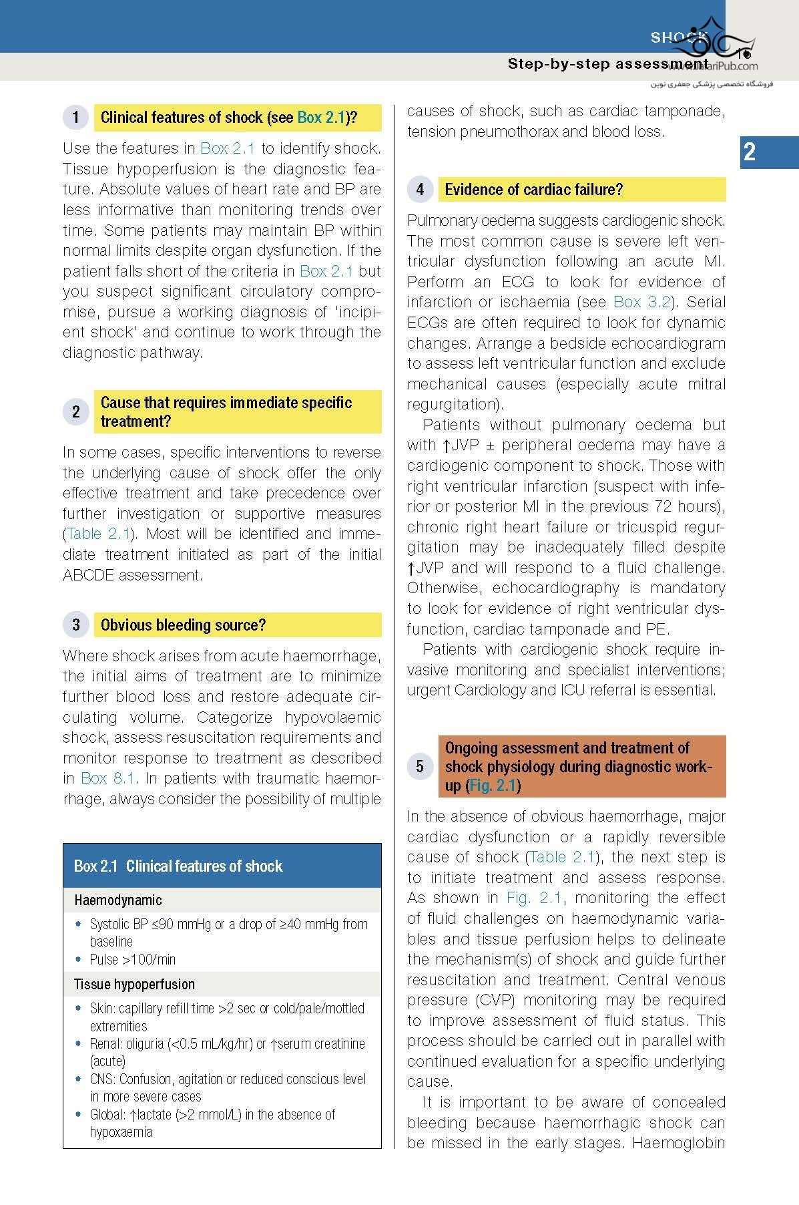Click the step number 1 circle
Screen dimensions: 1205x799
point(75,118)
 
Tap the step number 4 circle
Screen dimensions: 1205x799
point(420,190)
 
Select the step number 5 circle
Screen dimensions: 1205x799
point(420,766)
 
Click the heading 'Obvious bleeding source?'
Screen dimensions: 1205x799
point(183,625)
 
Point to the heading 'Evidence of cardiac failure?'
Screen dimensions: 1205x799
point(533,190)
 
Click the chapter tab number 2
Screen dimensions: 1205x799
point(750,152)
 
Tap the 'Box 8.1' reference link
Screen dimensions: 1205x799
point(108,778)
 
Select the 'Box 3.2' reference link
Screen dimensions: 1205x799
point(641,302)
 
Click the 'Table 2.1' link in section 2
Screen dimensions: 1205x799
point(98,534)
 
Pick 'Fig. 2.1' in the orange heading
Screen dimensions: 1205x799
point(493,786)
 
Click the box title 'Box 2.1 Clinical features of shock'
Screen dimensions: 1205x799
point(178,866)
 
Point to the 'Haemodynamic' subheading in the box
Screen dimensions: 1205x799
point(118,900)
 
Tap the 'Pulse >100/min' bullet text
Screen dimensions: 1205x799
point(133,960)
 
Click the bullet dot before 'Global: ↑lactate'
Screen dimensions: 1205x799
point(78,1114)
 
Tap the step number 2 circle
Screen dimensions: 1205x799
point(75,411)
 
